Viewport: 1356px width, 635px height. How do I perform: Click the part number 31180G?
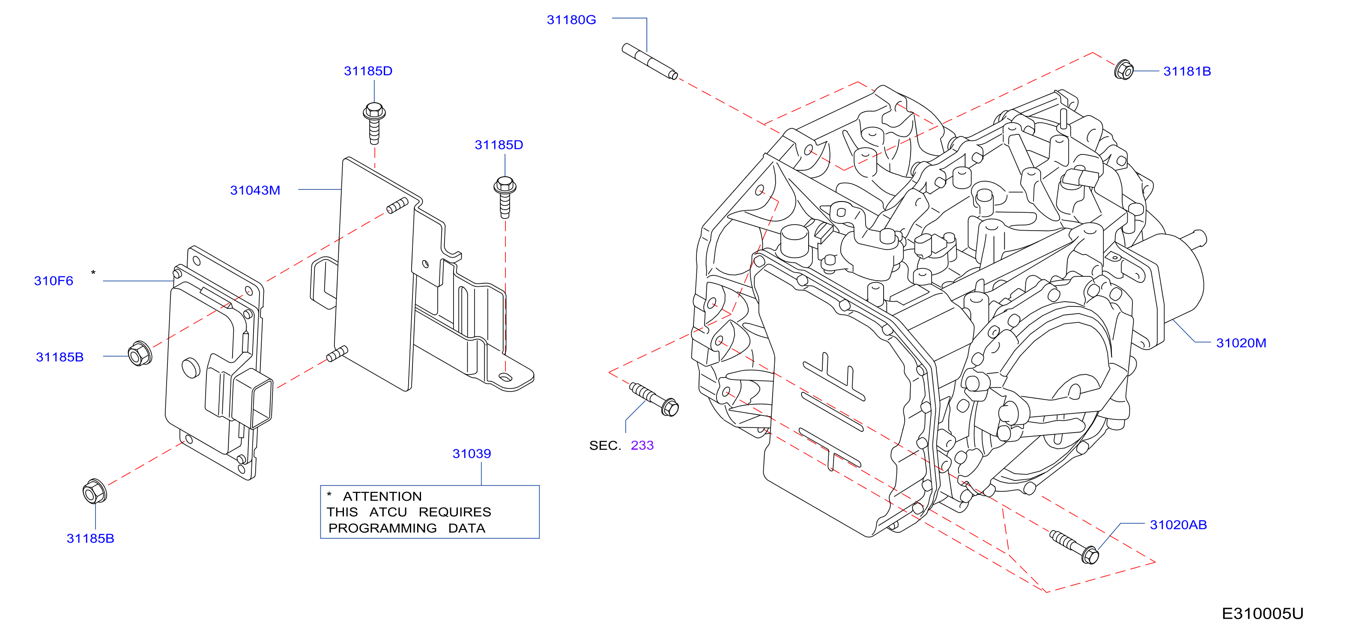pos(571,20)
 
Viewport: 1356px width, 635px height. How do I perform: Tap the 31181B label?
pos(1187,71)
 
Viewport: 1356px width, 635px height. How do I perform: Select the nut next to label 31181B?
pos(1124,69)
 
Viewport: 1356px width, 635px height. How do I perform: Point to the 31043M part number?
pos(255,190)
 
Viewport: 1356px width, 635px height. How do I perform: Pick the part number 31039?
pos(472,454)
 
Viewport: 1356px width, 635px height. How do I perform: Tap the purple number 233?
pos(642,445)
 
